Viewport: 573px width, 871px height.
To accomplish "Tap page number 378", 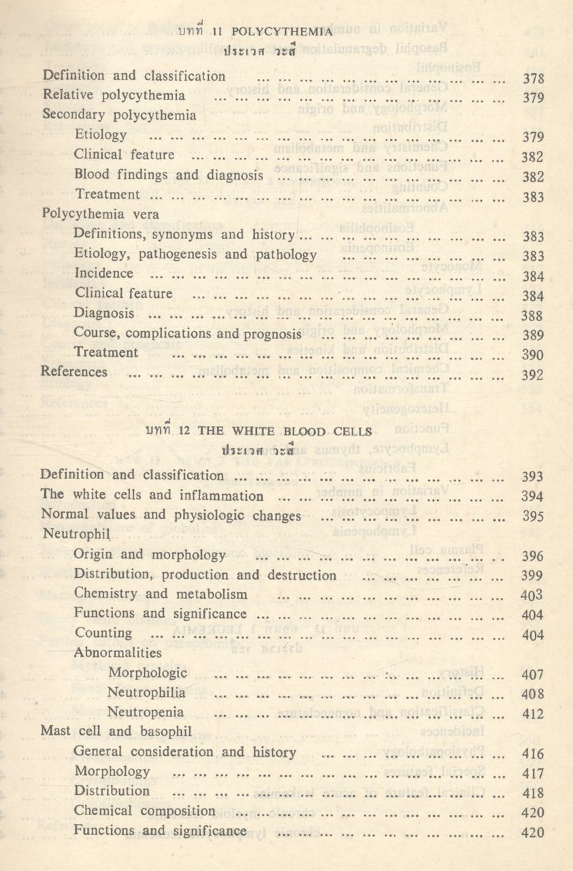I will [x=532, y=78].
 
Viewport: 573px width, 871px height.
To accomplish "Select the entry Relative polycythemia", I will [x=113, y=96].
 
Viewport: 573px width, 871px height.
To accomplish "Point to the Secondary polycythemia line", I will [x=119, y=115].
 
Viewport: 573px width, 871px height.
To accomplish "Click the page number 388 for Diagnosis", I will [x=532, y=316].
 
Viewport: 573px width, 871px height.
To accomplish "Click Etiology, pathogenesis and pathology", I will [x=195, y=254].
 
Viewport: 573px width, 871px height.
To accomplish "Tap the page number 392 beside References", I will [x=532, y=375].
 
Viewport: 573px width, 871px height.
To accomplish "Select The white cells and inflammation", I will [x=152, y=495].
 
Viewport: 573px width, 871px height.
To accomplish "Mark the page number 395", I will [x=532, y=516].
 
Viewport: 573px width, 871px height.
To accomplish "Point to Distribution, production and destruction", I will [x=205, y=575].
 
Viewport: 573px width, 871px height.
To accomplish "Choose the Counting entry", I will [x=103, y=634].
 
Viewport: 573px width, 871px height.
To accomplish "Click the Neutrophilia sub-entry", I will [x=146, y=693].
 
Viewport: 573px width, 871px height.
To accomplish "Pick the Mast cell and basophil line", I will [x=116, y=732].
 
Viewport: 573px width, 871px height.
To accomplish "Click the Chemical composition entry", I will [x=145, y=811].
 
